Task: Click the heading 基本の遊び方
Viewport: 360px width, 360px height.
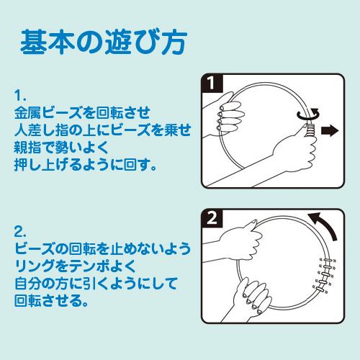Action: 104,42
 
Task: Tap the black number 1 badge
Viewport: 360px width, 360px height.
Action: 212,83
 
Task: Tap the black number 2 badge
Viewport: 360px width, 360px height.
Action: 212,218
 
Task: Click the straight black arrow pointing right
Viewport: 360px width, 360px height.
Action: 330,131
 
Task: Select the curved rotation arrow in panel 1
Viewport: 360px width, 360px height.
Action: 309,114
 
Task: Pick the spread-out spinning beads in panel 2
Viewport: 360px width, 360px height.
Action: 325,276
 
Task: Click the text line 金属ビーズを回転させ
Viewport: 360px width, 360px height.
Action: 82,113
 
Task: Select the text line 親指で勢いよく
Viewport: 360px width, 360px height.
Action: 61,147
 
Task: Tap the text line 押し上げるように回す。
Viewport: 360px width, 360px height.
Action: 85,164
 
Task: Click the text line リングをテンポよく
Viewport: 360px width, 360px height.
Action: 75,266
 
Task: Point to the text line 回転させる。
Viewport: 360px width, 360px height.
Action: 52,300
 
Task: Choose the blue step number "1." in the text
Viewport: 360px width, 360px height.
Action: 20,96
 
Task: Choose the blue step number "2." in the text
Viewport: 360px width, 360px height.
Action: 21,232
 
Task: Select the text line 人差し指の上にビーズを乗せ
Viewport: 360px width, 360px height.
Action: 103,130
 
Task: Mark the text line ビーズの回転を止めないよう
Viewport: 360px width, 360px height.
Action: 103,249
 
